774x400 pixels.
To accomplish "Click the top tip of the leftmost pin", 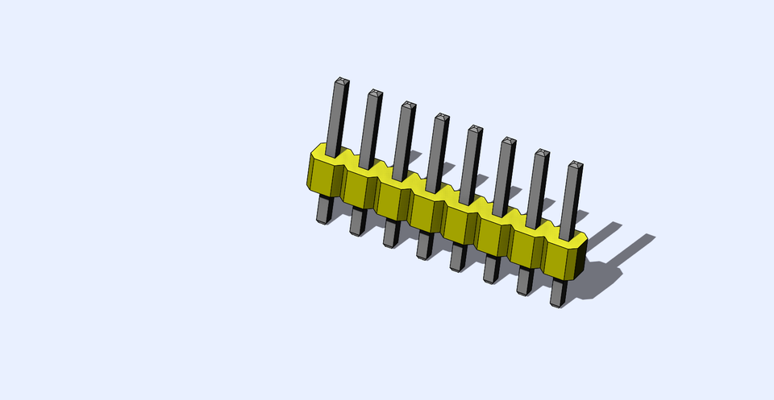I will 341,81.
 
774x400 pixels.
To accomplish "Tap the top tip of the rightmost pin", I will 574,166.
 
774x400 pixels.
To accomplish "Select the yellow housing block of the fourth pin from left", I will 424,212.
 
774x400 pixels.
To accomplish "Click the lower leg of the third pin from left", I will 390,235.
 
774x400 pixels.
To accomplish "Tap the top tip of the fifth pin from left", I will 475,129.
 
